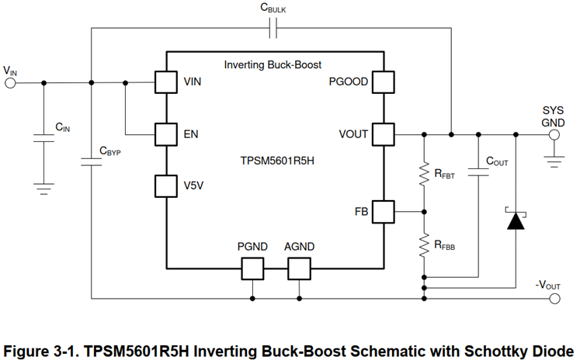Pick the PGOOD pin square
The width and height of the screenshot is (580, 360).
[x=382, y=81]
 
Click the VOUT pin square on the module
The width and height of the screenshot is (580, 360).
[x=382, y=134]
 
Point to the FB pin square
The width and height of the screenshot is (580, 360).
[x=382, y=211]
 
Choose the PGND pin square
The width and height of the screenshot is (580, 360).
[x=252, y=268]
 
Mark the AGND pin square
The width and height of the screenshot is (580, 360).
[x=299, y=268]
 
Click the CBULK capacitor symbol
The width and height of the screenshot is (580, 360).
[x=273, y=29]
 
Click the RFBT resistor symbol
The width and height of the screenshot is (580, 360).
[x=424, y=174]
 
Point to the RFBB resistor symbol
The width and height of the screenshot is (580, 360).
[x=424, y=246]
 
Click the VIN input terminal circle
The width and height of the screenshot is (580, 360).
[x=11, y=81]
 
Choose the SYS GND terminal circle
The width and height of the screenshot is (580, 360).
[x=554, y=134]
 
